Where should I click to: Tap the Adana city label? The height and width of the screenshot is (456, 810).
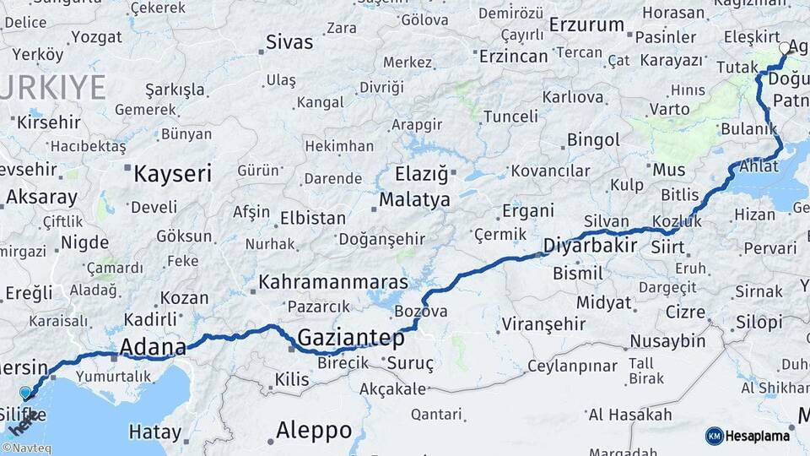click(153, 347)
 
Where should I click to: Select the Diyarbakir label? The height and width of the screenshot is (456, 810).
click(589, 247)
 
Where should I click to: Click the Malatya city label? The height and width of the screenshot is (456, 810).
click(414, 201)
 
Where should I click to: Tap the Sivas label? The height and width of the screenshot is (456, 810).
click(289, 42)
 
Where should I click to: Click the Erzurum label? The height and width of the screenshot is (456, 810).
click(586, 25)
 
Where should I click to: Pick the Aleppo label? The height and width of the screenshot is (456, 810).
click(313, 430)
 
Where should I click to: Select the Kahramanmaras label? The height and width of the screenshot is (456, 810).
click(333, 282)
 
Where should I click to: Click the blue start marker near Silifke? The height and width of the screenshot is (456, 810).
click(25, 393)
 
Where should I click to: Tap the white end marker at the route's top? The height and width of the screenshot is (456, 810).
click(785, 48)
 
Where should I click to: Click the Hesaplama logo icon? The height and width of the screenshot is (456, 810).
click(715, 436)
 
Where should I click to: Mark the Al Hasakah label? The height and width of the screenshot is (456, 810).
click(630, 415)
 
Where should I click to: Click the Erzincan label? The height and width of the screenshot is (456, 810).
click(513, 57)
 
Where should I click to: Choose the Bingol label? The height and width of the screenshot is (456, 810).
click(593, 139)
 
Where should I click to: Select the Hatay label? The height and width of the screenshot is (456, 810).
click(154, 432)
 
